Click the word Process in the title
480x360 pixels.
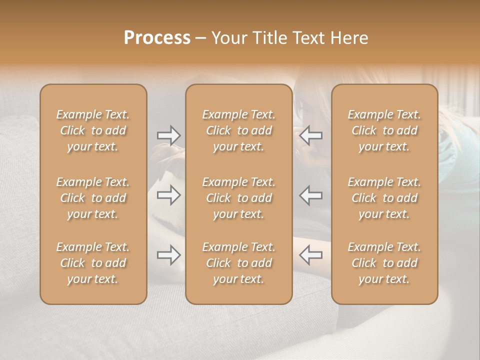pyautogui.click(x=157, y=38)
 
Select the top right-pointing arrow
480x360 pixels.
pyautogui.click(x=168, y=135)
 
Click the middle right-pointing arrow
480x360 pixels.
pyautogui.click(x=168, y=195)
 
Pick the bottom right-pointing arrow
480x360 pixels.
pyautogui.click(x=168, y=255)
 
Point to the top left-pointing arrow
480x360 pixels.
pyautogui.click(x=311, y=135)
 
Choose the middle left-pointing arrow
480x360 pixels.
pyautogui.click(x=311, y=195)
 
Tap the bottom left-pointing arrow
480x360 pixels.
pyautogui.click(x=311, y=255)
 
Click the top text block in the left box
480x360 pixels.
pyautogui.click(x=93, y=130)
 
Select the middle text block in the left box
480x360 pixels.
pyautogui.click(x=93, y=198)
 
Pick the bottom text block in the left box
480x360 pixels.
pyautogui.click(x=93, y=263)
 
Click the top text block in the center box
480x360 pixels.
pyautogui.click(x=239, y=130)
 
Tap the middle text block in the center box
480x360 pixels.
pyautogui.click(x=239, y=198)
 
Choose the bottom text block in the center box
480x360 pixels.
pyautogui.click(x=239, y=263)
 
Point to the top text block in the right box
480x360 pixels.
pyautogui.click(x=384, y=130)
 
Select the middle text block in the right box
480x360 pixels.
pyautogui.click(x=384, y=198)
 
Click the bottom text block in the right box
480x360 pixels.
pyautogui.click(x=384, y=263)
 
